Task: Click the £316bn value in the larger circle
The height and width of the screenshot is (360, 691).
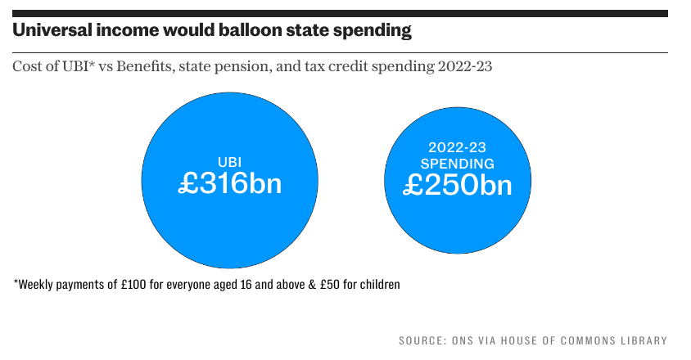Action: [x=229, y=183]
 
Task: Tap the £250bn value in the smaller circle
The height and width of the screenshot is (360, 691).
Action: [x=458, y=185]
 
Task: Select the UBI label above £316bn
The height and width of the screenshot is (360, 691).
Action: [x=229, y=161]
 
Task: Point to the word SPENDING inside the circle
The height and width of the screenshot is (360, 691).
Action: [x=458, y=164]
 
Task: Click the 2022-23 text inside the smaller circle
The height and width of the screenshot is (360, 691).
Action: [x=458, y=148]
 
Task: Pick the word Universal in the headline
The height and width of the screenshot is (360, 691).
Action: [x=52, y=32]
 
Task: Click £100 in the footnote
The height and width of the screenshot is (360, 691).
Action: [x=129, y=286]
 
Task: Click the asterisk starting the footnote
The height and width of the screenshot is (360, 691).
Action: [x=16, y=284]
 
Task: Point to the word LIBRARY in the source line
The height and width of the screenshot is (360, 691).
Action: [x=643, y=340]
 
